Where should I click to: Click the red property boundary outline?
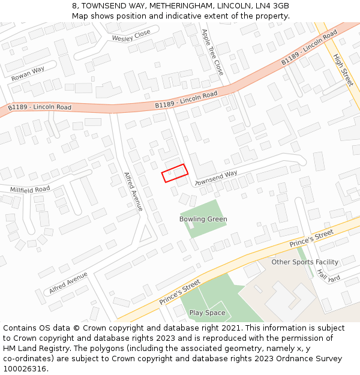[x=175, y=173]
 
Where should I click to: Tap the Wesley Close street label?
[x=131, y=37]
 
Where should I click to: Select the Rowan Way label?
[x=28, y=74]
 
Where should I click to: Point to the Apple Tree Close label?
[x=212, y=52]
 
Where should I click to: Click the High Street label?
[x=343, y=70]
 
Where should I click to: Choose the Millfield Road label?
[x=30, y=189]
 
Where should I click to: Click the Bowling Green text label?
[x=203, y=219]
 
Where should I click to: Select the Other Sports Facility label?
[x=305, y=262]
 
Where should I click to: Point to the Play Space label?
[x=207, y=313]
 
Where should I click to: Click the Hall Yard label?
[x=329, y=275]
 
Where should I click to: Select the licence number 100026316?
[x=25, y=368]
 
